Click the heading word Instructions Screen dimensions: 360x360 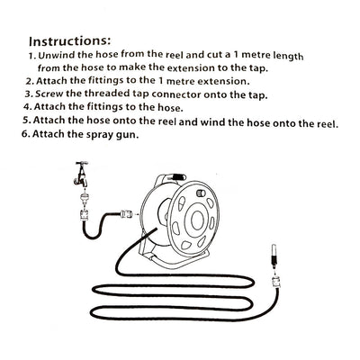(70, 41)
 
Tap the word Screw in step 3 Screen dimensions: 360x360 (52, 94)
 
